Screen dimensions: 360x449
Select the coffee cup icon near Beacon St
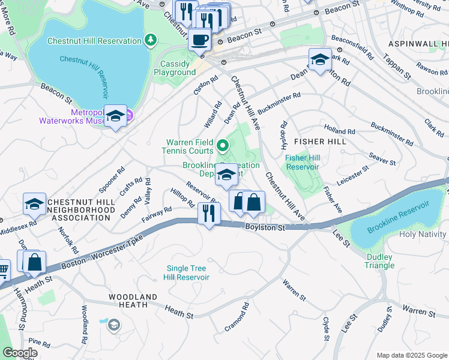(x=199, y=40)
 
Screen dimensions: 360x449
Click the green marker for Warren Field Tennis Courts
(x=223, y=145)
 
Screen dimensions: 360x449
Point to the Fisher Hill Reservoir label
(x=303, y=162)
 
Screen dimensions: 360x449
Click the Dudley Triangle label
(x=379, y=261)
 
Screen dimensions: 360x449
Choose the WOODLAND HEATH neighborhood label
(x=133, y=301)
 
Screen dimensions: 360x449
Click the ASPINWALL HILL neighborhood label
(x=418, y=44)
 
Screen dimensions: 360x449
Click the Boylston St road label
(x=265, y=227)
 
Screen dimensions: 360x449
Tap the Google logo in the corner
(x=20, y=353)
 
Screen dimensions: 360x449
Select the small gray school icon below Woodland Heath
(x=113, y=325)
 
